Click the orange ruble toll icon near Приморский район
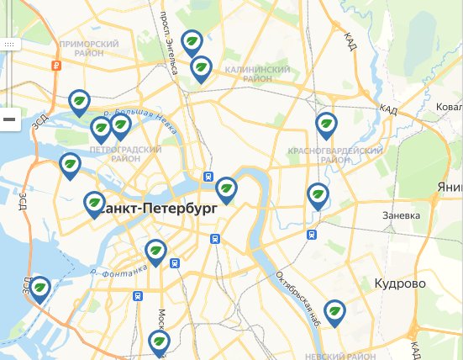(x=55, y=65)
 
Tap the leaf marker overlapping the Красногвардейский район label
(x=326, y=125)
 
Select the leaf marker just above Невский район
(x=334, y=312)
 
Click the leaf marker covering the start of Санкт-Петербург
(x=94, y=204)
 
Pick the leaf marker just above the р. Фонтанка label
(x=155, y=251)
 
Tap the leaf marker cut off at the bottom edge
(x=158, y=342)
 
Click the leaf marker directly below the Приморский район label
(x=80, y=102)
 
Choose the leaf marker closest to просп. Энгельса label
(x=192, y=41)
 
